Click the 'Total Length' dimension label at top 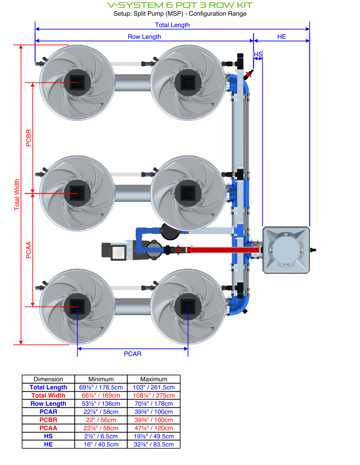tap(172, 25)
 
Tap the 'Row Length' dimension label tap(144, 37)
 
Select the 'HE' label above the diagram tap(282, 37)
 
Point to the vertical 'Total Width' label tap(17, 195)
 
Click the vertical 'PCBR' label tap(29, 138)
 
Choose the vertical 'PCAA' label tap(29, 250)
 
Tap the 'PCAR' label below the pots tap(133, 354)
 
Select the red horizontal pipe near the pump tap(220, 250)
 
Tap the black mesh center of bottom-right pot tap(188, 306)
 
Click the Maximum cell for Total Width tap(154, 396)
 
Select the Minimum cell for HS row tap(101, 436)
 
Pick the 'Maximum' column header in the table tap(154, 379)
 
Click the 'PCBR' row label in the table tap(48, 420)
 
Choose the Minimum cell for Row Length tap(101, 404)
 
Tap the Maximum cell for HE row tap(154, 445)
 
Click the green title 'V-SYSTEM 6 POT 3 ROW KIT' tap(180, 5)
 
